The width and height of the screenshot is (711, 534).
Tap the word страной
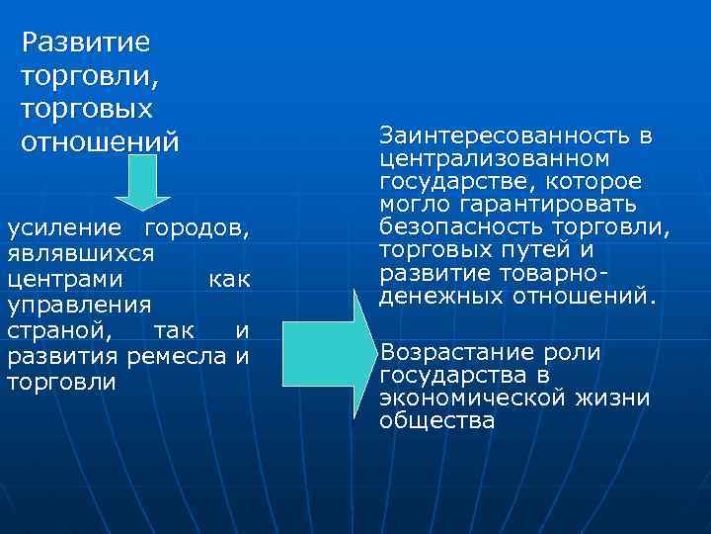[57, 330]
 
